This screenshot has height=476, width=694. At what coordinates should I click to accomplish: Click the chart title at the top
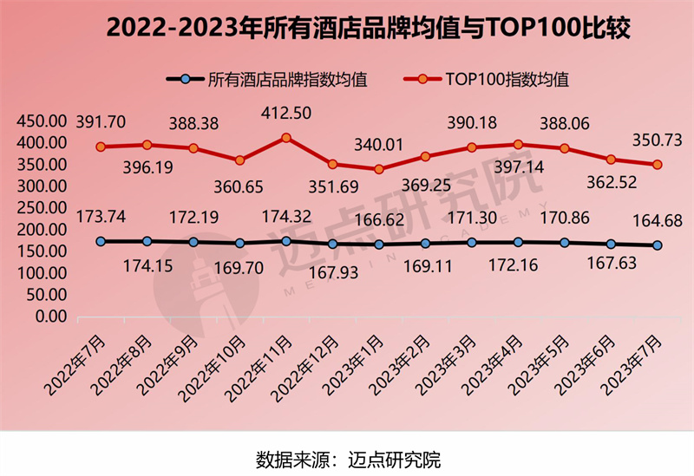[347, 29]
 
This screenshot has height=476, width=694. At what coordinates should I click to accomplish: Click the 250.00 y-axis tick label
[41, 208]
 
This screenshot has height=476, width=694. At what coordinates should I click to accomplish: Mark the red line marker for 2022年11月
[286, 137]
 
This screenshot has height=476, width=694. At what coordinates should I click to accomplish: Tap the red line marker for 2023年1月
[379, 169]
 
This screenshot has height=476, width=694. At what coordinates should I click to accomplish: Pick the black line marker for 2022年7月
[101, 241]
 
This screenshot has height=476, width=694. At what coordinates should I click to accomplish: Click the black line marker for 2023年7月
[658, 245]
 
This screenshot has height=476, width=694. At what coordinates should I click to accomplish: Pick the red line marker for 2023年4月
[519, 145]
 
